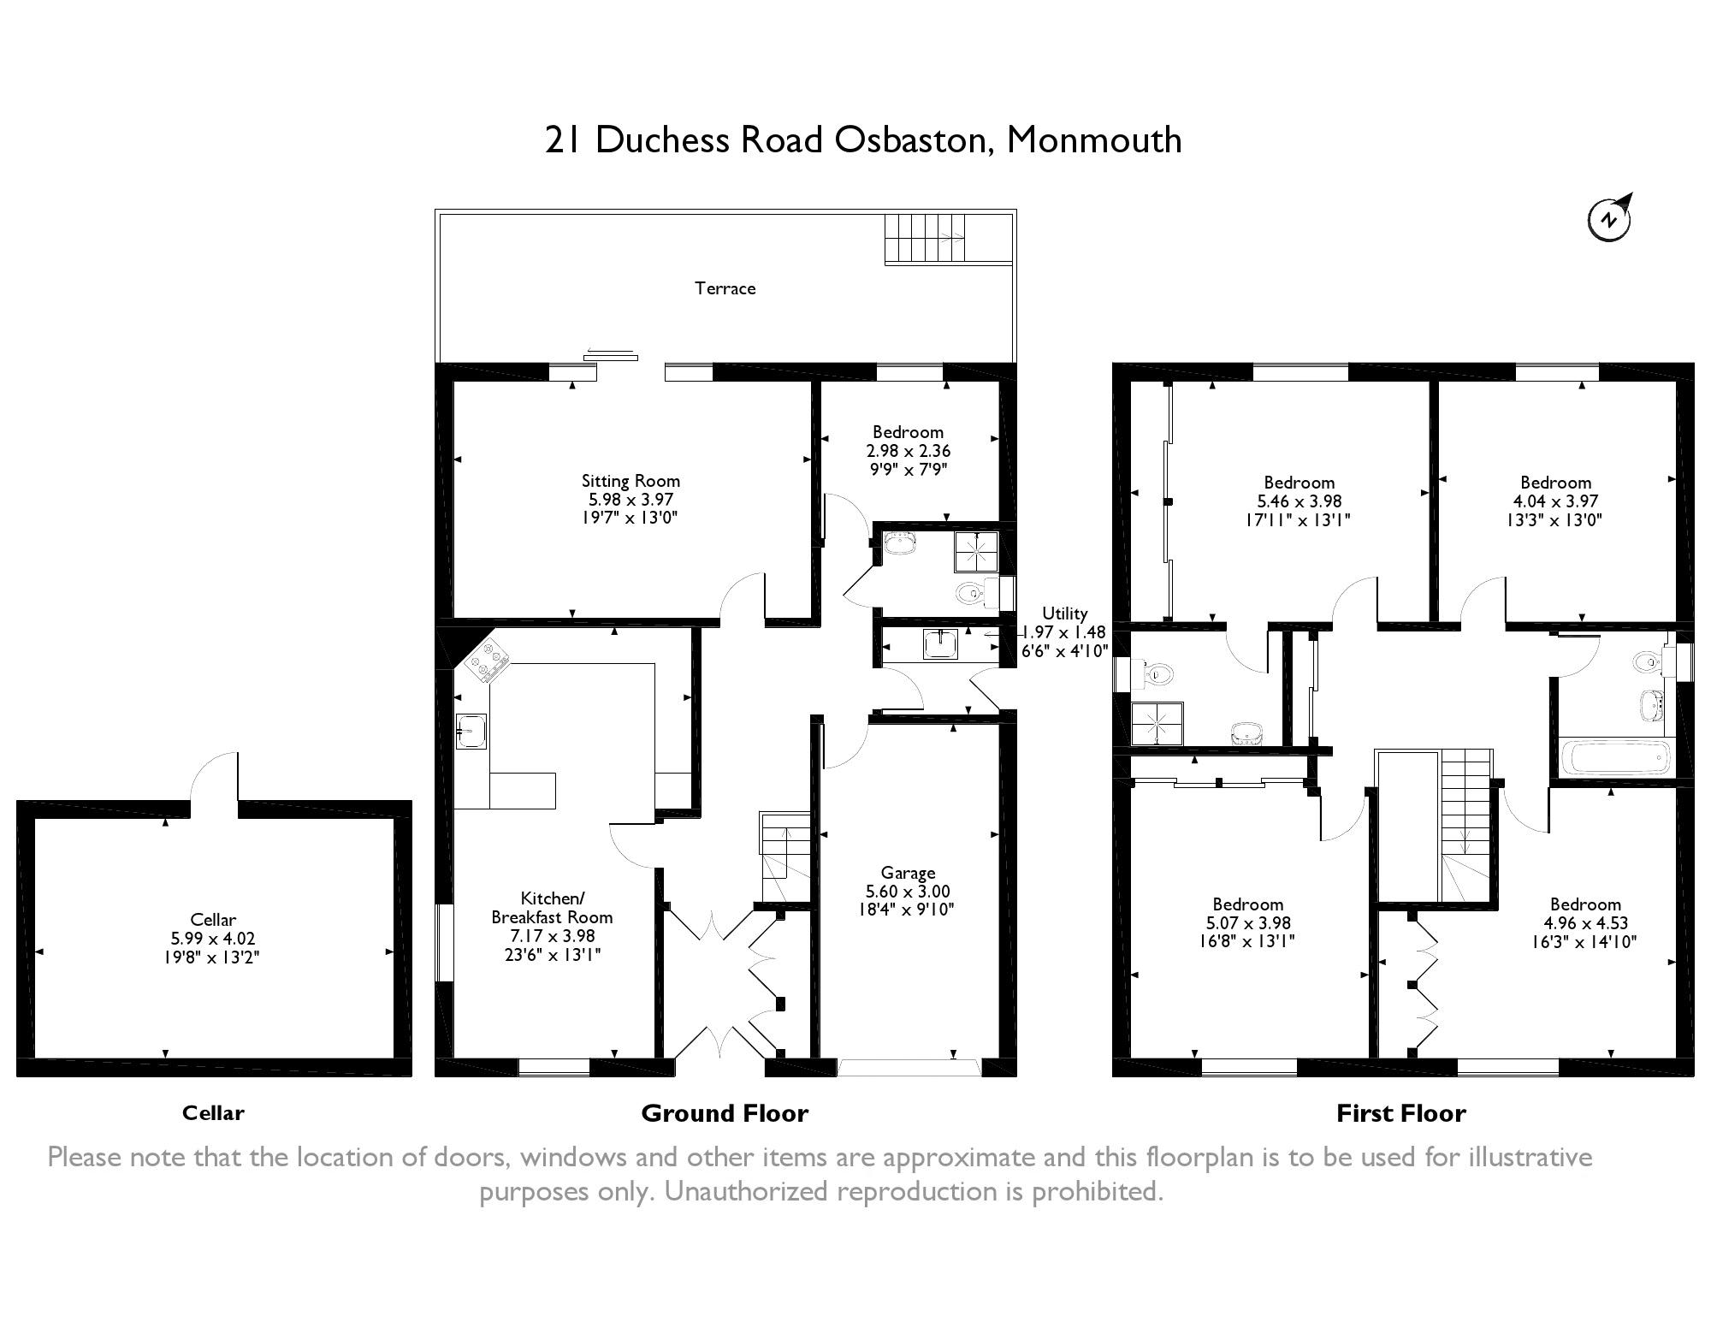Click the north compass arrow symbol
1611,218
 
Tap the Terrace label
725,288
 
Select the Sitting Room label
631,481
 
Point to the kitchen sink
471,731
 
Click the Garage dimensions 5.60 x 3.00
908,891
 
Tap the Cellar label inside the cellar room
213,920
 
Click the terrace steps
927,238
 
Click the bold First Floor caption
1400,1113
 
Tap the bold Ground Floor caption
724,1113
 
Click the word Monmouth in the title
1094,139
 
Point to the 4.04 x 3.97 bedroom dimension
1555,501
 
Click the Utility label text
1064,614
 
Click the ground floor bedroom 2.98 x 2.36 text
908,450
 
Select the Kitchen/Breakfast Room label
552,908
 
